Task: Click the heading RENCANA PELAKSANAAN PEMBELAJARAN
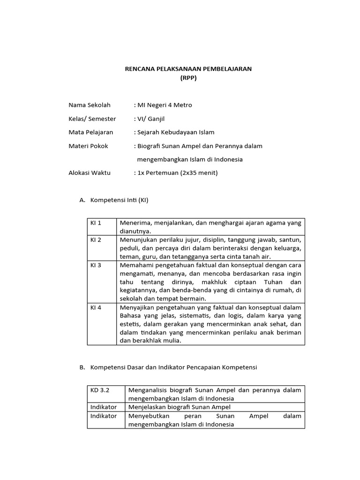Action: coord(188,68)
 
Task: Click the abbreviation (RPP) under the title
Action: coord(188,78)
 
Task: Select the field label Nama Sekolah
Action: coord(90,105)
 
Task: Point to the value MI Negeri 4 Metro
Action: coord(163,105)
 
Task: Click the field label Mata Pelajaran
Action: coord(91,132)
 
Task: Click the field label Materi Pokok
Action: coord(88,146)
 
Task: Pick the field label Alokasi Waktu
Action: coord(90,172)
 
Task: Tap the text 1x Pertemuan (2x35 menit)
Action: coord(176,172)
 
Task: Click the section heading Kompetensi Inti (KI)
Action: coord(119,200)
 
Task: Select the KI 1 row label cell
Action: coord(102,226)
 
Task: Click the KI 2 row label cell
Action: coord(102,247)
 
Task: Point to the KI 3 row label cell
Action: coord(102,282)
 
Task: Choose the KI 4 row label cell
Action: coord(102,324)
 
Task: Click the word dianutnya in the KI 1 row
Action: coord(135,231)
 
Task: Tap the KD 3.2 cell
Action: coord(105,394)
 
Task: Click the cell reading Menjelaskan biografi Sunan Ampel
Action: coord(180,407)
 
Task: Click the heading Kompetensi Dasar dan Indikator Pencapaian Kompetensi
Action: coord(173,367)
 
